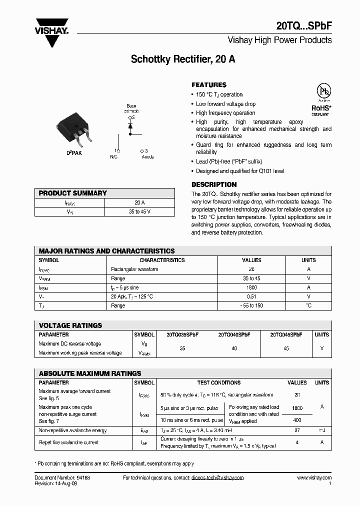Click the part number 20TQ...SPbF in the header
(304, 25)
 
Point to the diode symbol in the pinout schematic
(131, 126)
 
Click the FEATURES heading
(209, 85)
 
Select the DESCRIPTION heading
(214, 184)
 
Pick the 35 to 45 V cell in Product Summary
(139, 212)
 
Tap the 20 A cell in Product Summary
(139, 202)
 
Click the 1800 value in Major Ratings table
(251, 287)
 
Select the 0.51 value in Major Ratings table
(251, 296)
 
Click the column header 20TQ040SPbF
(234, 334)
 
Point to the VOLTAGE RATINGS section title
(70, 325)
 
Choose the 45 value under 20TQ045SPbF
(286, 348)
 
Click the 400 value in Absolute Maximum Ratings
(297, 420)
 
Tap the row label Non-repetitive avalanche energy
(72, 430)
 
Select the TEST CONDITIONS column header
(219, 382)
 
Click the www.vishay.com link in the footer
(314, 478)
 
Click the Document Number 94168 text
(62, 478)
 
